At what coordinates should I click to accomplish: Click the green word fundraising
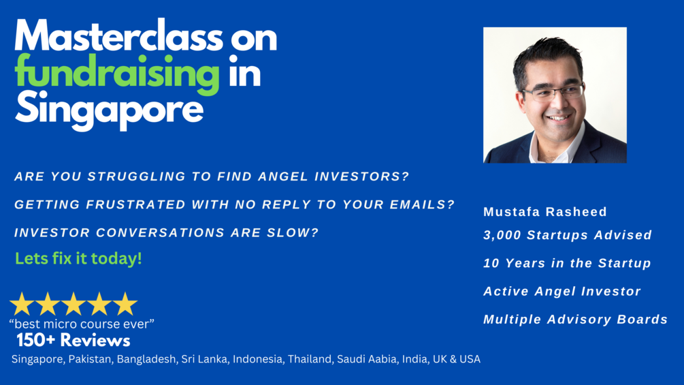pyautogui.click(x=117, y=74)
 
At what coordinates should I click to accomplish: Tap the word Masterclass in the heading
pyautogui.click(x=119, y=36)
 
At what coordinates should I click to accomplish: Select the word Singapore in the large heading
pyautogui.click(x=109, y=109)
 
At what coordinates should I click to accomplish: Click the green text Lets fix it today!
pyautogui.click(x=78, y=258)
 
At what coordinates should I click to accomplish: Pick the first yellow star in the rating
pyautogui.click(x=22, y=304)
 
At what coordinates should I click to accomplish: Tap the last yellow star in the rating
pyautogui.click(x=125, y=304)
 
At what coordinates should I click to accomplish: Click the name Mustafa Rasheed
pyautogui.click(x=545, y=212)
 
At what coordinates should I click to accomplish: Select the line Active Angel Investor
pyautogui.click(x=562, y=291)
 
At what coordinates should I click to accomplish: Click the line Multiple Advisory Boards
pyautogui.click(x=575, y=319)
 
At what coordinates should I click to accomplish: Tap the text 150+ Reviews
pyautogui.click(x=74, y=341)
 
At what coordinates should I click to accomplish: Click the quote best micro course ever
pyautogui.click(x=82, y=324)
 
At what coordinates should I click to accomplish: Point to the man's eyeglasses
pyautogui.click(x=553, y=93)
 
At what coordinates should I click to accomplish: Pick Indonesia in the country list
pyautogui.click(x=258, y=359)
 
